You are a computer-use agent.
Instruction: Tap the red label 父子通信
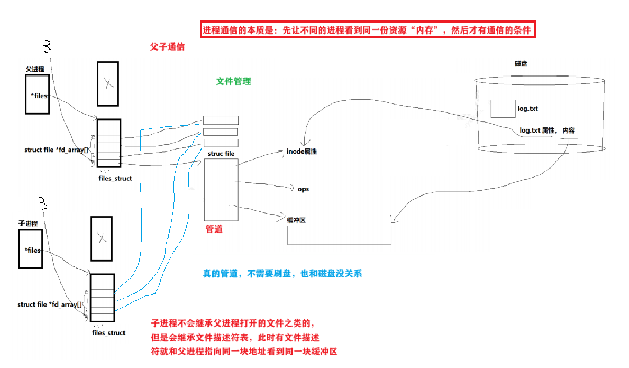click(167, 47)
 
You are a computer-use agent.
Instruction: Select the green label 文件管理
click(233, 81)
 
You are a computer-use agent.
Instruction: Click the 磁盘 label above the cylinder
click(521, 63)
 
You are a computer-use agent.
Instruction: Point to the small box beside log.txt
click(503, 109)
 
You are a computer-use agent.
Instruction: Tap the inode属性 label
click(302, 151)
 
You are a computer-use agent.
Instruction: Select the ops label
click(303, 189)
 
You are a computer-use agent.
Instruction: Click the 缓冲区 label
click(296, 220)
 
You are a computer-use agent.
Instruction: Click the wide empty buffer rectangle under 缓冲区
click(339, 235)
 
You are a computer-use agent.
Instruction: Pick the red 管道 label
click(214, 229)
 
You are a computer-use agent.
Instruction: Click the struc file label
click(221, 154)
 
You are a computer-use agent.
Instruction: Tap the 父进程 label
click(35, 69)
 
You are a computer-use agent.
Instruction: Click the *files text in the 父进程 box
click(40, 96)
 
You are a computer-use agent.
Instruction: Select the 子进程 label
click(28, 224)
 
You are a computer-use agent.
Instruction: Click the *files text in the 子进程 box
click(32, 251)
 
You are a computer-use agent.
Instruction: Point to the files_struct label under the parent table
click(115, 178)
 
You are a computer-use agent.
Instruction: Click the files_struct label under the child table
click(109, 333)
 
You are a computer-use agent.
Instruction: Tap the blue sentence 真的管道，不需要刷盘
click(283, 274)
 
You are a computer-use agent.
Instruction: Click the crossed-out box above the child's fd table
click(102, 239)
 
